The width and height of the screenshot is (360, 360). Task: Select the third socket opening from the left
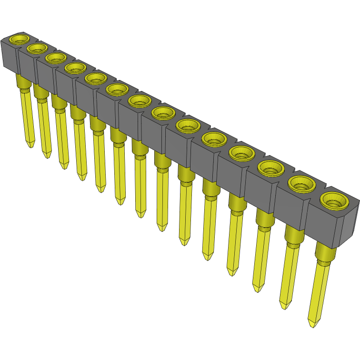(x=56, y=58)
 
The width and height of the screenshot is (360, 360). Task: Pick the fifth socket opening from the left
(x=96, y=78)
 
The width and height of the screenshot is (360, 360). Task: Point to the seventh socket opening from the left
(x=140, y=100)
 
